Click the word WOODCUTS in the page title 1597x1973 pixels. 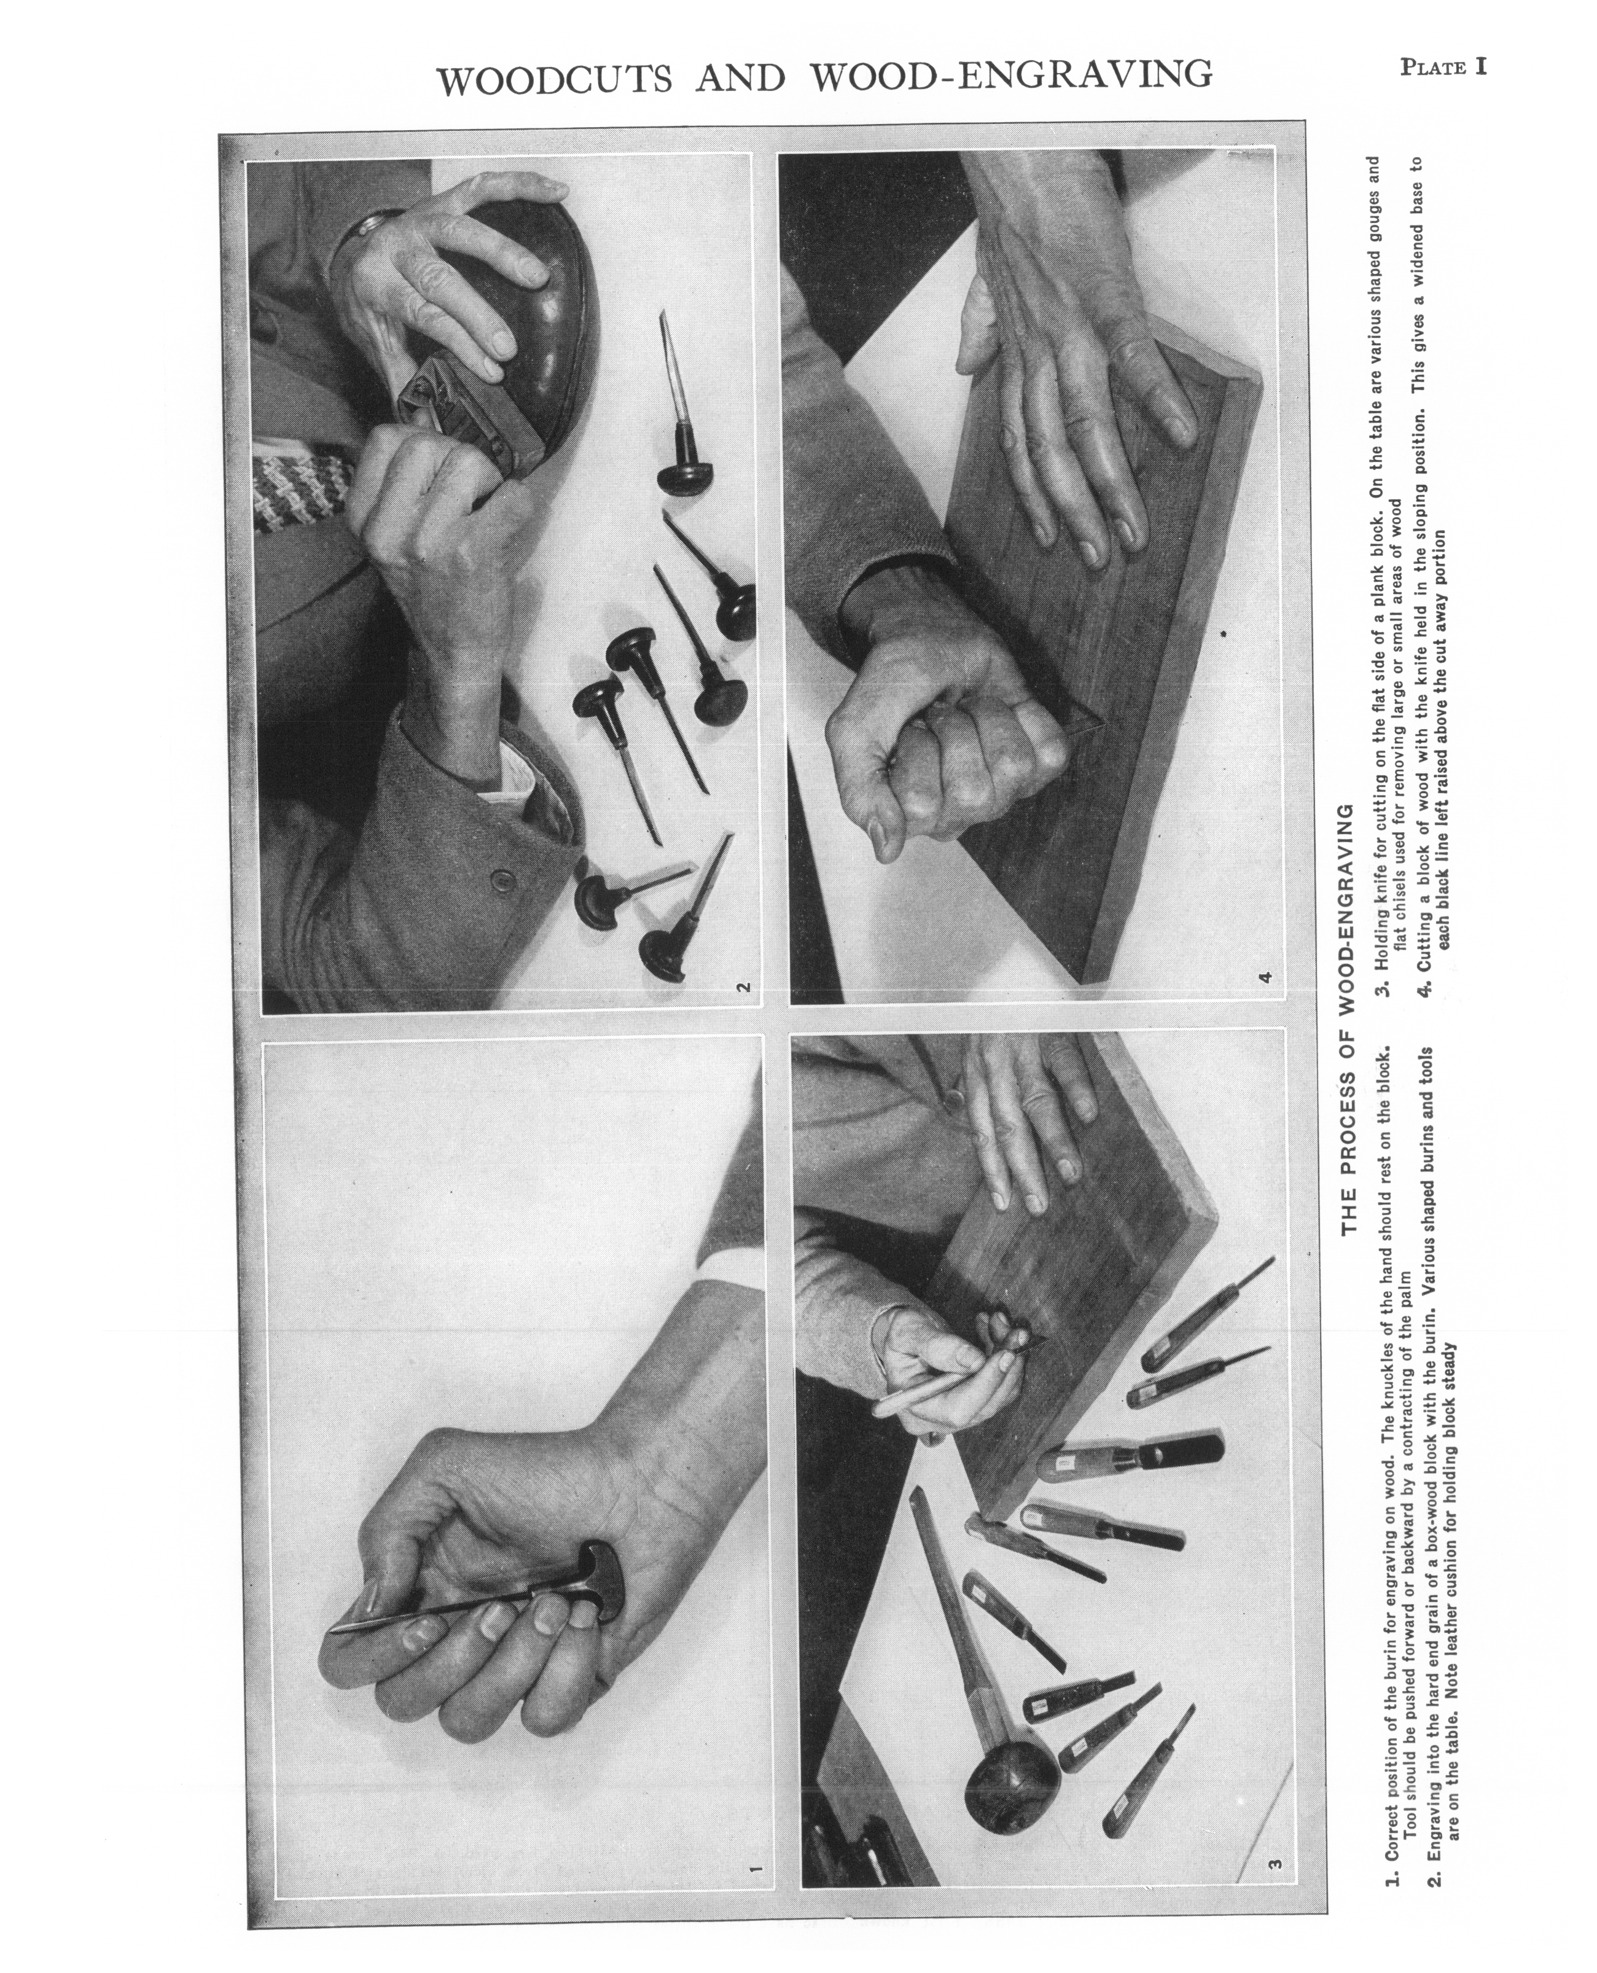point(555,80)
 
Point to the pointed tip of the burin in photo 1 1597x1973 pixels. point(331,1631)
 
